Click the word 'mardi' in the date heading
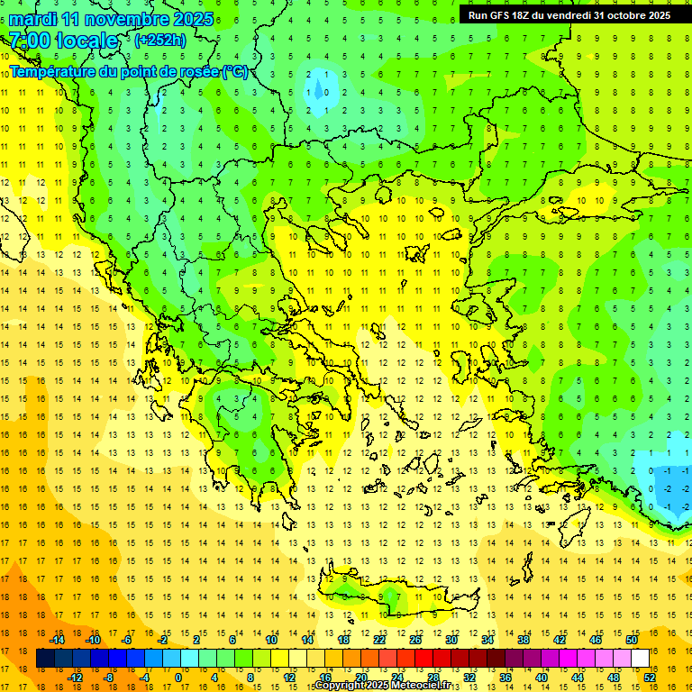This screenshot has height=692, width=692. (35, 19)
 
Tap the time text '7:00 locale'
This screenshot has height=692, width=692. (63, 41)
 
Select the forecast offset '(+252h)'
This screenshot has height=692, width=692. (160, 41)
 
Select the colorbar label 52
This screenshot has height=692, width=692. (650, 678)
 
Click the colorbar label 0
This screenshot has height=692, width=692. (178, 678)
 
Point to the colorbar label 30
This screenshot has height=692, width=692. (450, 640)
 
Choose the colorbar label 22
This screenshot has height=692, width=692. (379, 640)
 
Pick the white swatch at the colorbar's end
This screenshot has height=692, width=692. (641, 659)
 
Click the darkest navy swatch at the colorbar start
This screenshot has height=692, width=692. (45, 659)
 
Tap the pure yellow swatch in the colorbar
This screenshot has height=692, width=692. (280, 659)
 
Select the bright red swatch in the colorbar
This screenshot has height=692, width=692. (423, 659)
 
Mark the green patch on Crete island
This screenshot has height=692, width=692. (389, 596)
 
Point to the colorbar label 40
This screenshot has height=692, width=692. (541, 678)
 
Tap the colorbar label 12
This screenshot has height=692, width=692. (287, 678)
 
